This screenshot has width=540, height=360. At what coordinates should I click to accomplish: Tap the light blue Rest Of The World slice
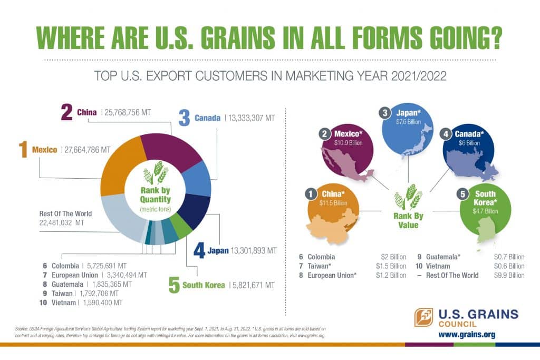tap(119, 216)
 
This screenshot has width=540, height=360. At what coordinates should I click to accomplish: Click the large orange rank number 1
tap(22, 150)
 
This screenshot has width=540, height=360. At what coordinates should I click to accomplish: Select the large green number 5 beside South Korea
tap(175, 285)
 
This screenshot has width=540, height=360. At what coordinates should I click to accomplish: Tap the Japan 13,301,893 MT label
tap(240, 250)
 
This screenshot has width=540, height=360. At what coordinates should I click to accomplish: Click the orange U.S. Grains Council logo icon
tap(423, 317)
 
